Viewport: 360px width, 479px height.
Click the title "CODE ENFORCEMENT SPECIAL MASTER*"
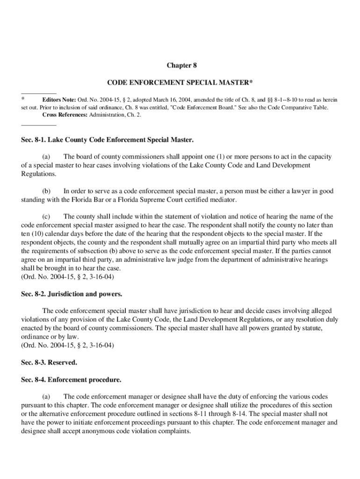(180, 83)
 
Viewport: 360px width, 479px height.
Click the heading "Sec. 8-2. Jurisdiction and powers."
(72, 294)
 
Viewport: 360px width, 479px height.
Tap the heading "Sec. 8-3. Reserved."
(49, 362)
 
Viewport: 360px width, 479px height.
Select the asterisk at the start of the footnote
(23, 100)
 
